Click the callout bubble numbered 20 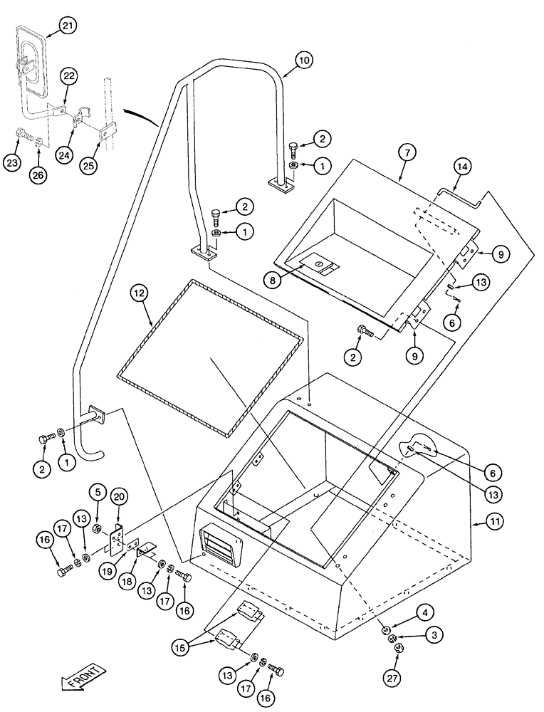tap(120, 497)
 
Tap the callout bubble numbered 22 tap(69, 77)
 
